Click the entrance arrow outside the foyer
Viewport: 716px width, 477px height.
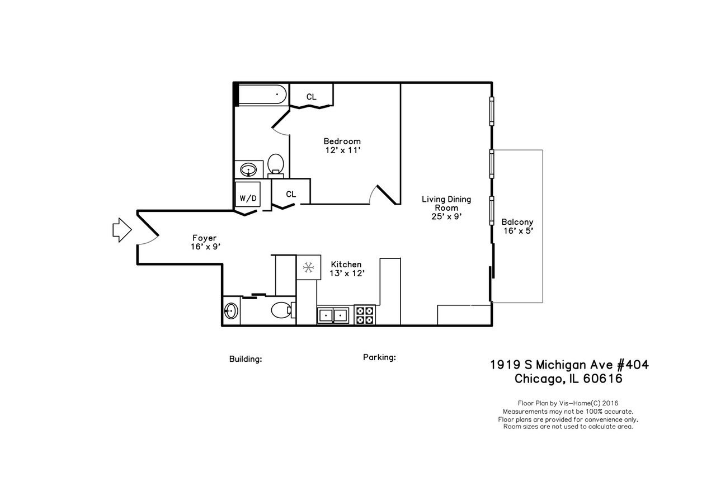pyautogui.click(x=121, y=230)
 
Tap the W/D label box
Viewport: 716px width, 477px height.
pyautogui.click(x=248, y=198)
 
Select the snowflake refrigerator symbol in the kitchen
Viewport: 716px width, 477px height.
pyautogui.click(x=308, y=268)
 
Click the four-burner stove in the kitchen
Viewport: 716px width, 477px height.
pyautogui.click(x=365, y=315)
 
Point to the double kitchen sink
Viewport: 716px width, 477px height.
pyautogui.click(x=333, y=315)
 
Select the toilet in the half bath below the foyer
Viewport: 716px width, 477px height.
pyautogui.click(x=281, y=309)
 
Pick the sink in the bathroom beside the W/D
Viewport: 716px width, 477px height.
pyautogui.click(x=248, y=169)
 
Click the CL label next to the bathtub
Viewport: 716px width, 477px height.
pyautogui.click(x=311, y=97)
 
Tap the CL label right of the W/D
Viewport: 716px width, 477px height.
pyautogui.click(x=290, y=194)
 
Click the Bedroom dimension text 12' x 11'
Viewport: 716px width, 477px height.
pyautogui.click(x=342, y=150)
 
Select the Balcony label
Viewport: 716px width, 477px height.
pyautogui.click(x=517, y=221)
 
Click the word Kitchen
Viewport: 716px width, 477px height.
pyautogui.click(x=346, y=265)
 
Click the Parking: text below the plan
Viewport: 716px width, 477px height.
pyautogui.click(x=379, y=357)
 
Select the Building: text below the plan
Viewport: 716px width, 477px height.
pyautogui.click(x=246, y=359)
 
